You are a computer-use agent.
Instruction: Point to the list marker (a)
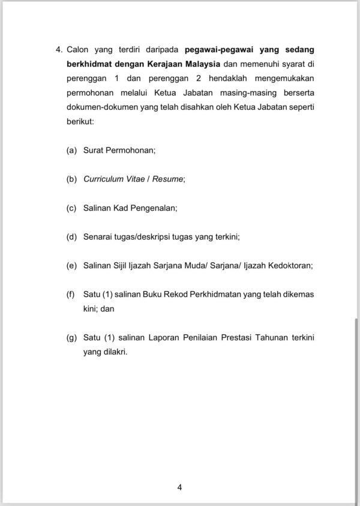tap(71, 150)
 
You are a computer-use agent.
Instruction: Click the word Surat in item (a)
tap(94, 150)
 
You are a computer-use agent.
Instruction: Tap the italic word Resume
tap(169, 179)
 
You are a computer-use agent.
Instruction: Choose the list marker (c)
tap(71, 208)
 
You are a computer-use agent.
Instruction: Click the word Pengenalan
tap(155, 208)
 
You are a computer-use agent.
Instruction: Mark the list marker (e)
tap(71, 265)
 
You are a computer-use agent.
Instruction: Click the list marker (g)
tap(71, 338)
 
